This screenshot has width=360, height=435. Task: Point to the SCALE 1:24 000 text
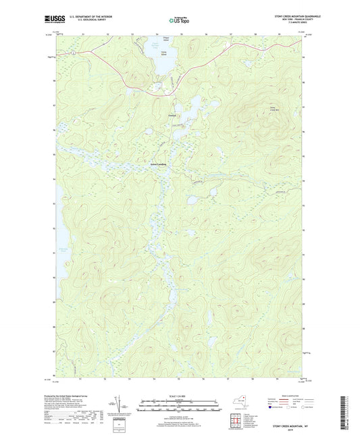(180, 396)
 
